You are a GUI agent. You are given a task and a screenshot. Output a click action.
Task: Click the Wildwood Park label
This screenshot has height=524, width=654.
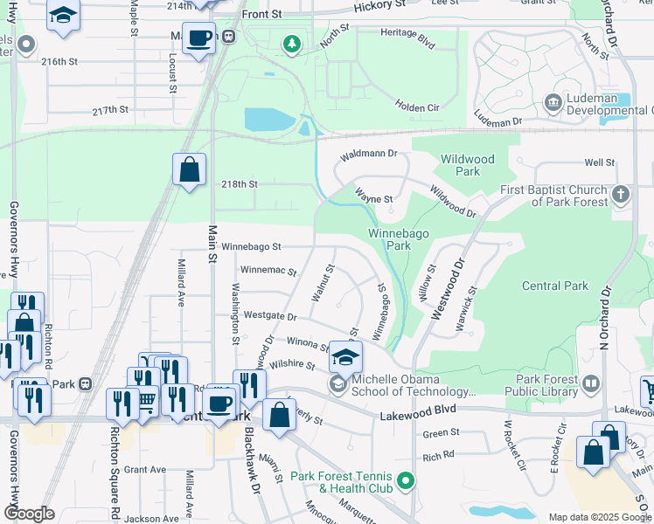tap(468, 165)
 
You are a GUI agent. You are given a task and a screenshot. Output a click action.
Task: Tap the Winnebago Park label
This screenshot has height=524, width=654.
tap(390, 239)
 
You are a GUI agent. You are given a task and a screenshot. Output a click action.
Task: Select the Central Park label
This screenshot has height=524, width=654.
tap(555, 286)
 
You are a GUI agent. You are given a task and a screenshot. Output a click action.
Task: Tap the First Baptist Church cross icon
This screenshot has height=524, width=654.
tap(621, 194)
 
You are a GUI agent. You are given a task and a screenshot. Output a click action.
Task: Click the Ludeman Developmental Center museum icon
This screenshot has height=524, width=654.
tap(553, 104)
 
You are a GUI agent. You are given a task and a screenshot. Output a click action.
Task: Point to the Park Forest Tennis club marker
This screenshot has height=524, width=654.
tap(405, 480)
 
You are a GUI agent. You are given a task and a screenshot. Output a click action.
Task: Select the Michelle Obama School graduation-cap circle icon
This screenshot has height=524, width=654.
tap(337, 384)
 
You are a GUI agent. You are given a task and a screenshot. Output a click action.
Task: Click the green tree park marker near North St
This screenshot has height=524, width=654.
tap(292, 43)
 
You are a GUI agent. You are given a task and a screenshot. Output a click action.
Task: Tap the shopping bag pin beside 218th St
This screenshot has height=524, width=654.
tap(189, 169)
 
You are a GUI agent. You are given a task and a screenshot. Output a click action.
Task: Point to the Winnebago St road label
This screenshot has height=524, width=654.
tap(250, 248)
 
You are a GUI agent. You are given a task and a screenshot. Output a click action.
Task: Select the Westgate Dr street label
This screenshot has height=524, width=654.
tap(270, 315)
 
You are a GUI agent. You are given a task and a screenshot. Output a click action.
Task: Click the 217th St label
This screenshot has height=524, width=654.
tap(111, 110)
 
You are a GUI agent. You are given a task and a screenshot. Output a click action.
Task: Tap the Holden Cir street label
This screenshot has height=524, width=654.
tap(416, 104)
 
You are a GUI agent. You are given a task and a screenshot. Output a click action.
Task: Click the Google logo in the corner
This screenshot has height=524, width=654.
tap(28, 514)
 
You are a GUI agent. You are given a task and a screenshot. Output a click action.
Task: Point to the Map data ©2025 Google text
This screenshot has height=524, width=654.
tap(599, 517)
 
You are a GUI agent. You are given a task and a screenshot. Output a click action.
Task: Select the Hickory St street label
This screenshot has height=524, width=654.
tap(381, 6)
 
